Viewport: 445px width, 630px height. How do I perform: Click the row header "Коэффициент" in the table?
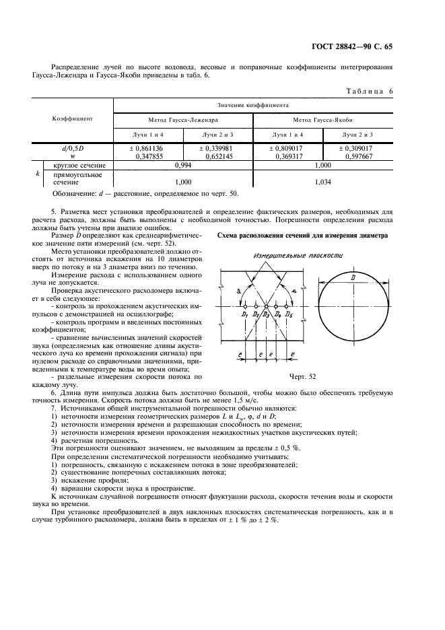point(72,118)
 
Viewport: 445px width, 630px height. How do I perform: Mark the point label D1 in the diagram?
point(245,314)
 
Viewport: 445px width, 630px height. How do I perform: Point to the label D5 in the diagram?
point(289,314)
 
